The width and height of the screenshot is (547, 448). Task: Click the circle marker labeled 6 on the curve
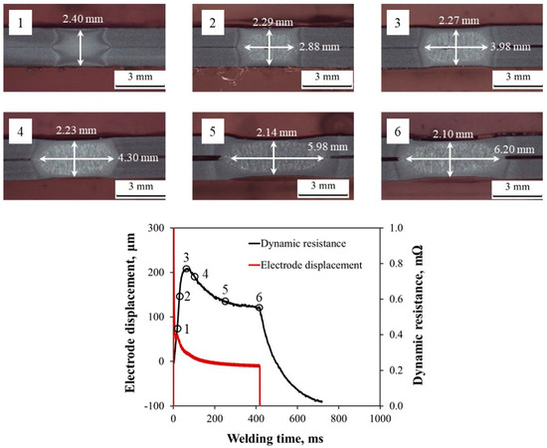[260, 308]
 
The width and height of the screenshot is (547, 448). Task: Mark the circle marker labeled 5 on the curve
[225, 302]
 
